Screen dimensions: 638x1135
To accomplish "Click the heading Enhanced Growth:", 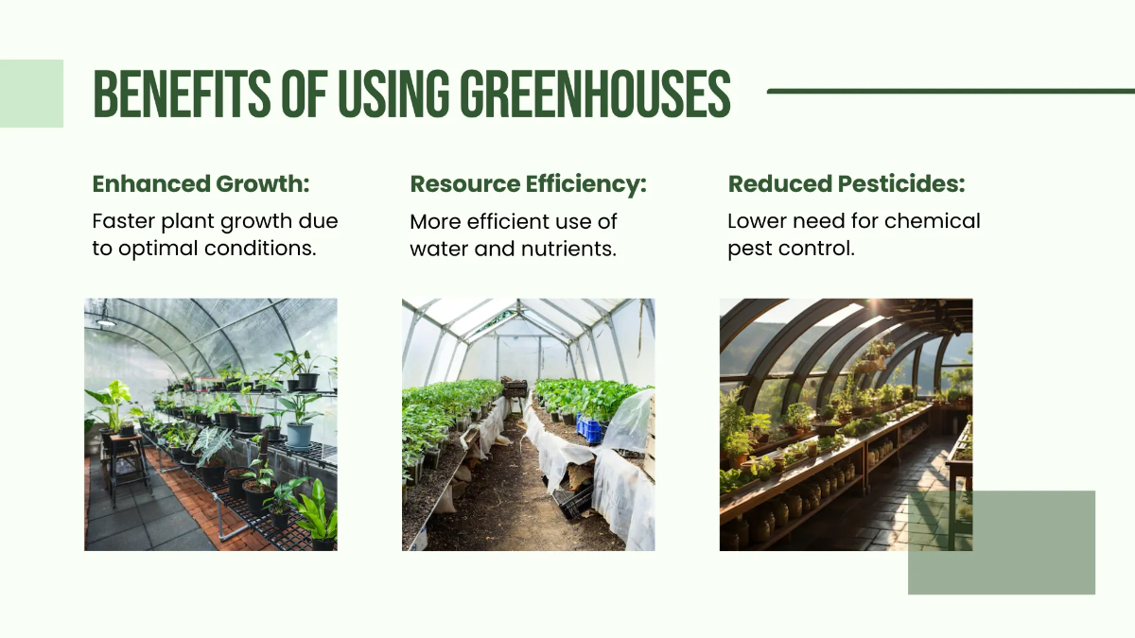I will [x=201, y=183].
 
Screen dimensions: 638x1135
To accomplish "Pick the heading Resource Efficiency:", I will [x=528, y=183].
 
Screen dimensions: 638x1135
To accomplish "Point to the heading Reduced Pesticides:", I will [x=847, y=183].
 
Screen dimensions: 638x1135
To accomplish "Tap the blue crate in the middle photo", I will [x=590, y=429].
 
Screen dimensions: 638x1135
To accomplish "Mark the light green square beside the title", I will [x=31, y=94].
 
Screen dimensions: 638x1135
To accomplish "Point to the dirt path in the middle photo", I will [x=511, y=501].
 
